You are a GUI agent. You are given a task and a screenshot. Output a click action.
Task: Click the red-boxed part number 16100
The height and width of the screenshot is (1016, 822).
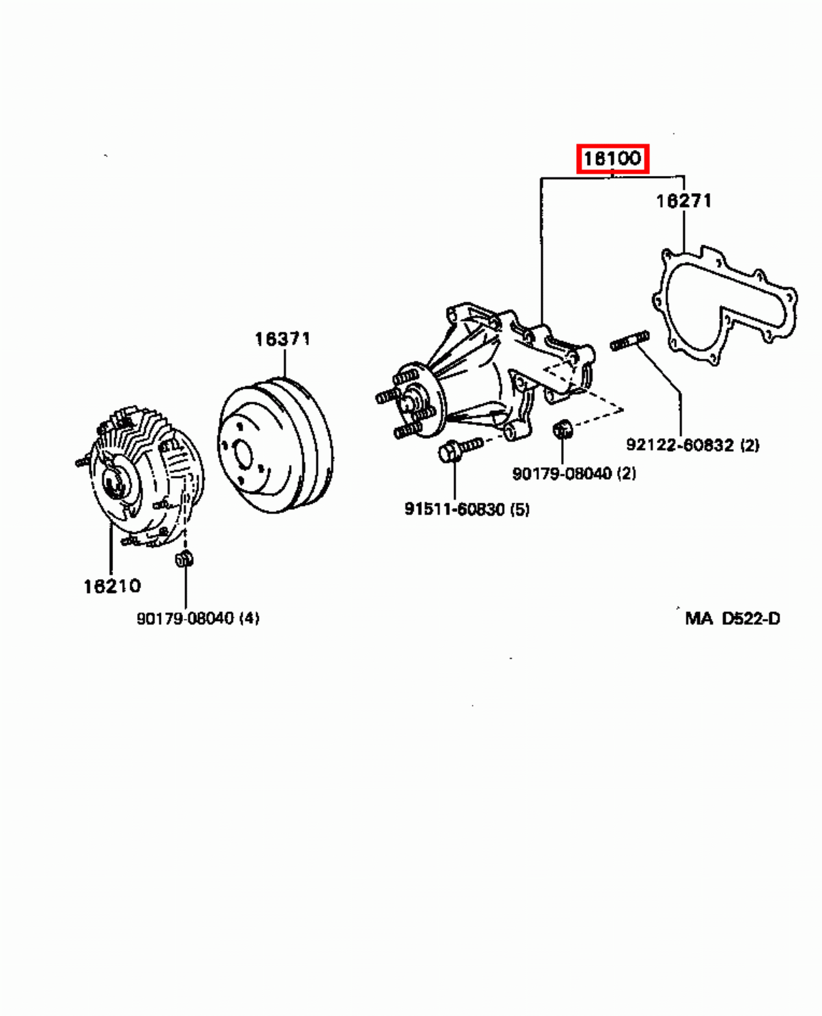click(612, 159)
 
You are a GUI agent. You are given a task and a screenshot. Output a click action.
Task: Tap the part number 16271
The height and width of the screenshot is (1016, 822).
click(684, 201)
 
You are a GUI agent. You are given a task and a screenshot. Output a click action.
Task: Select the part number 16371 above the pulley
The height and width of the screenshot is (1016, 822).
click(282, 339)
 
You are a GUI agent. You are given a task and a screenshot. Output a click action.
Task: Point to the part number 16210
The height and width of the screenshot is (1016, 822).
click(112, 586)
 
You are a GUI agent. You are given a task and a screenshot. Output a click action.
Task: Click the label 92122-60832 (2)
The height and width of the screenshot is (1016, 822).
click(693, 445)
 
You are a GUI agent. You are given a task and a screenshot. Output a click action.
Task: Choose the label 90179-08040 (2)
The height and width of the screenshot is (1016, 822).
click(574, 473)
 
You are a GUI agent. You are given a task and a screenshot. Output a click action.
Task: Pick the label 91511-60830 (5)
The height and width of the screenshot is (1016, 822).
click(466, 509)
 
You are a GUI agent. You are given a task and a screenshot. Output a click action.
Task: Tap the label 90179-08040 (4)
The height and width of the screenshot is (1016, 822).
click(198, 618)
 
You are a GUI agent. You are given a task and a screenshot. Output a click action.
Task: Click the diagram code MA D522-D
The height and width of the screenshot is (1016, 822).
click(732, 618)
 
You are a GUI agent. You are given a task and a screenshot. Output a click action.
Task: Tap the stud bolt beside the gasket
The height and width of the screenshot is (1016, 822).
click(629, 341)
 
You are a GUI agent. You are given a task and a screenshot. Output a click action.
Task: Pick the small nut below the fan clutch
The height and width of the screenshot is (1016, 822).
click(184, 558)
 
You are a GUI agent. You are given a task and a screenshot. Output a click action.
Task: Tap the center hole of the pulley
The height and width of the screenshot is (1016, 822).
click(241, 454)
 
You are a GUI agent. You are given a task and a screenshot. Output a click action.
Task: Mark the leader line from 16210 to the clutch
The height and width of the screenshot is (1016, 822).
click(110, 551)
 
